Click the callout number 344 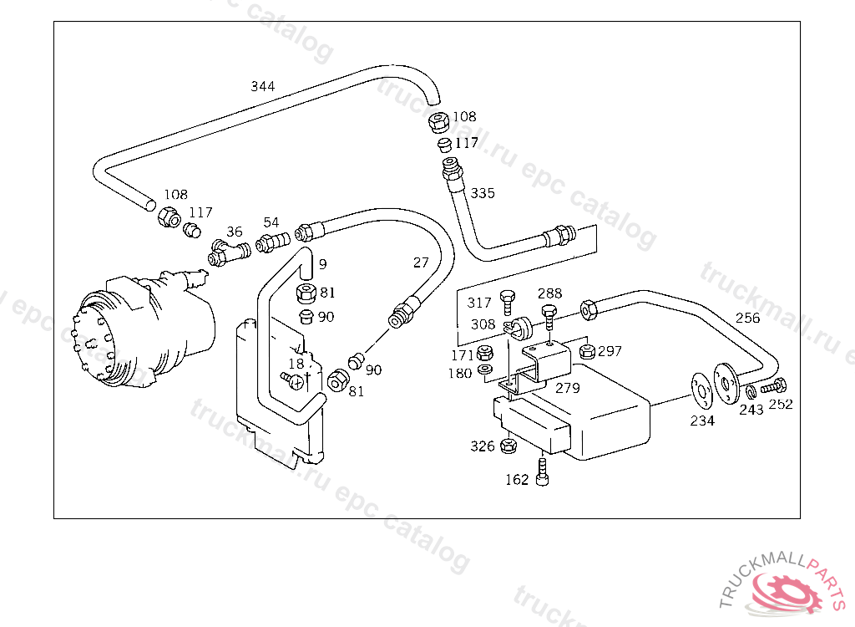tap(262, 86)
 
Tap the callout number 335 tap(483, 193)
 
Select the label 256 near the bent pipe tap(747, 318)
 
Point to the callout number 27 tap(421, 263)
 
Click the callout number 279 tap(568, 389)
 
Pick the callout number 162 tap(517, 480)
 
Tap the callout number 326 tap(483, 446)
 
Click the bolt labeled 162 tap(542, 472)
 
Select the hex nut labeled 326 tap(508, 445)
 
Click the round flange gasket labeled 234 tap(701, 390)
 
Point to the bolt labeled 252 tap(774, 387)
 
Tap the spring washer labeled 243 tap(751, 392)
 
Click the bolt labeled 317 tap(508, 303)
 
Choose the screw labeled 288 tap(549, 317)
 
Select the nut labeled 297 tap(587, 350)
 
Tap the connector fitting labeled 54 tap(273, 241)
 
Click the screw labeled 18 tap(293, 380)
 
